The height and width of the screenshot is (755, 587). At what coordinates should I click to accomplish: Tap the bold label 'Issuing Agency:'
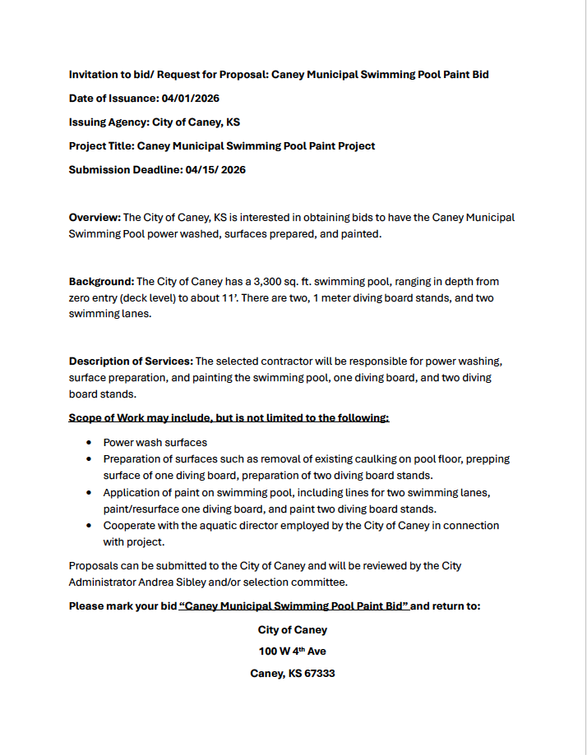109,122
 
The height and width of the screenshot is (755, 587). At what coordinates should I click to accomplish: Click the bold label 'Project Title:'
101,146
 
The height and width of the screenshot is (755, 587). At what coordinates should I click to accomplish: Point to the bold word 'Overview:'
95,218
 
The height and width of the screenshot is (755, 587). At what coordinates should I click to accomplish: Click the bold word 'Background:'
101,282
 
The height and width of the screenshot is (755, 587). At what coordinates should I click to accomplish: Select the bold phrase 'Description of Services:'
131,361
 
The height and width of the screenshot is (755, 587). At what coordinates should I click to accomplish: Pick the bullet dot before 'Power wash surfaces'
88,443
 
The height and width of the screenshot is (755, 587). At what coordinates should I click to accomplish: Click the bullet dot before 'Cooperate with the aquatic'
88,526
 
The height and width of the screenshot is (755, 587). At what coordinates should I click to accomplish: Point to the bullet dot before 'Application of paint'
88,493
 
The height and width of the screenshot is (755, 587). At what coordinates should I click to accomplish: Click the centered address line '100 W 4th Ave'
293,651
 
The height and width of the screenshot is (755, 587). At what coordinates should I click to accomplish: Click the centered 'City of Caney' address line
293,630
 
